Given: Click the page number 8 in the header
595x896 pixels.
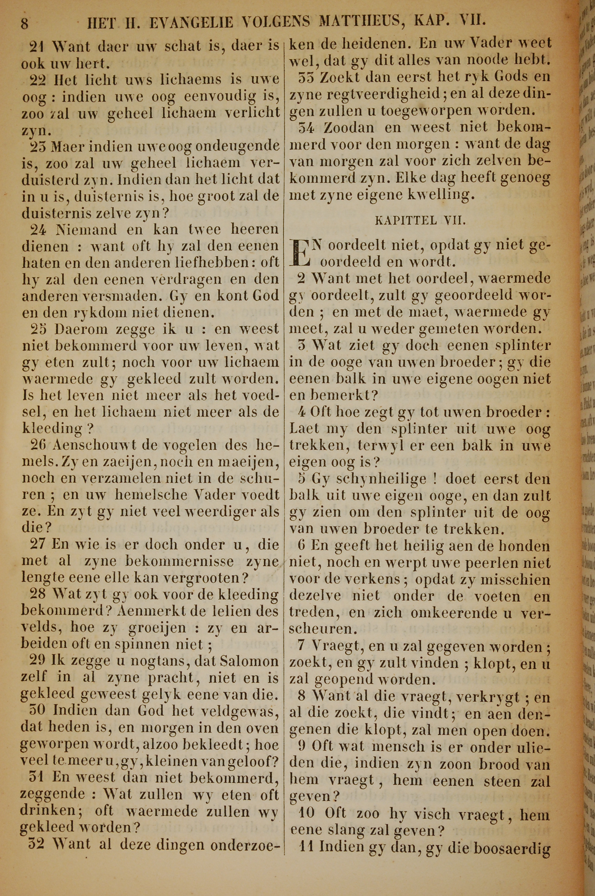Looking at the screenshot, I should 24,24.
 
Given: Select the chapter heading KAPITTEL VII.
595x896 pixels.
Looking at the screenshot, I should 420,221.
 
